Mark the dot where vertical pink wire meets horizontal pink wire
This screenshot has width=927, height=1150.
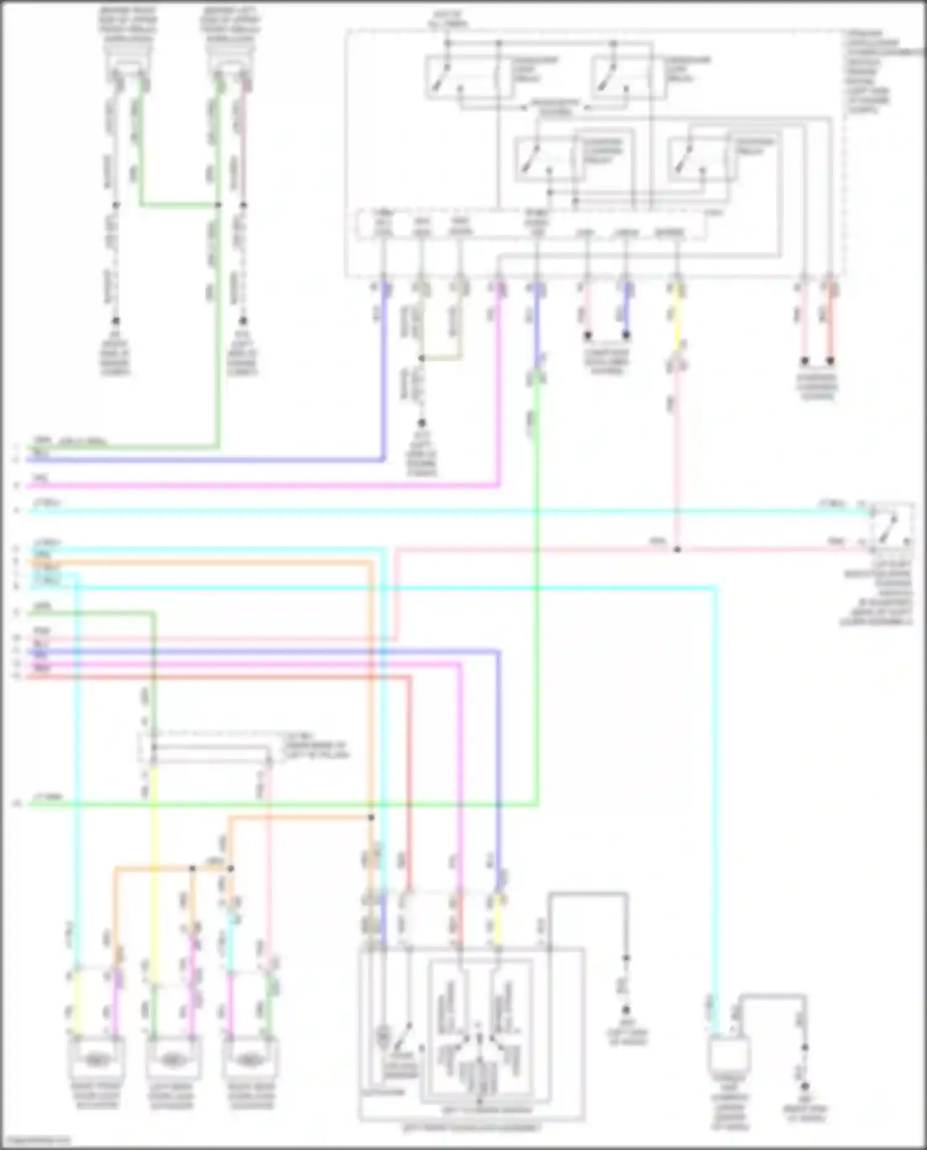[677, 549]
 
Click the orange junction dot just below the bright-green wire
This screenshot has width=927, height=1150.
[371, 817]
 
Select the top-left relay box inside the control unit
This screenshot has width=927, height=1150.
[468, 77]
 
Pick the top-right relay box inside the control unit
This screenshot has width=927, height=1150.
[629, 77]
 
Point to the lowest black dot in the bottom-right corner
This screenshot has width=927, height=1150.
[805, 1086]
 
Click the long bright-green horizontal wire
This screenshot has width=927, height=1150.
[278, 804]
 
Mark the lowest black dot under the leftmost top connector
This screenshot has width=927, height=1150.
[116, 321]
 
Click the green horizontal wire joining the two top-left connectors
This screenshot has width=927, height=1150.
[179, 204]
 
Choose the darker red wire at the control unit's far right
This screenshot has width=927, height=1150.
[830, 321]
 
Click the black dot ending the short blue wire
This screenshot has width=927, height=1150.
[626, 336]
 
